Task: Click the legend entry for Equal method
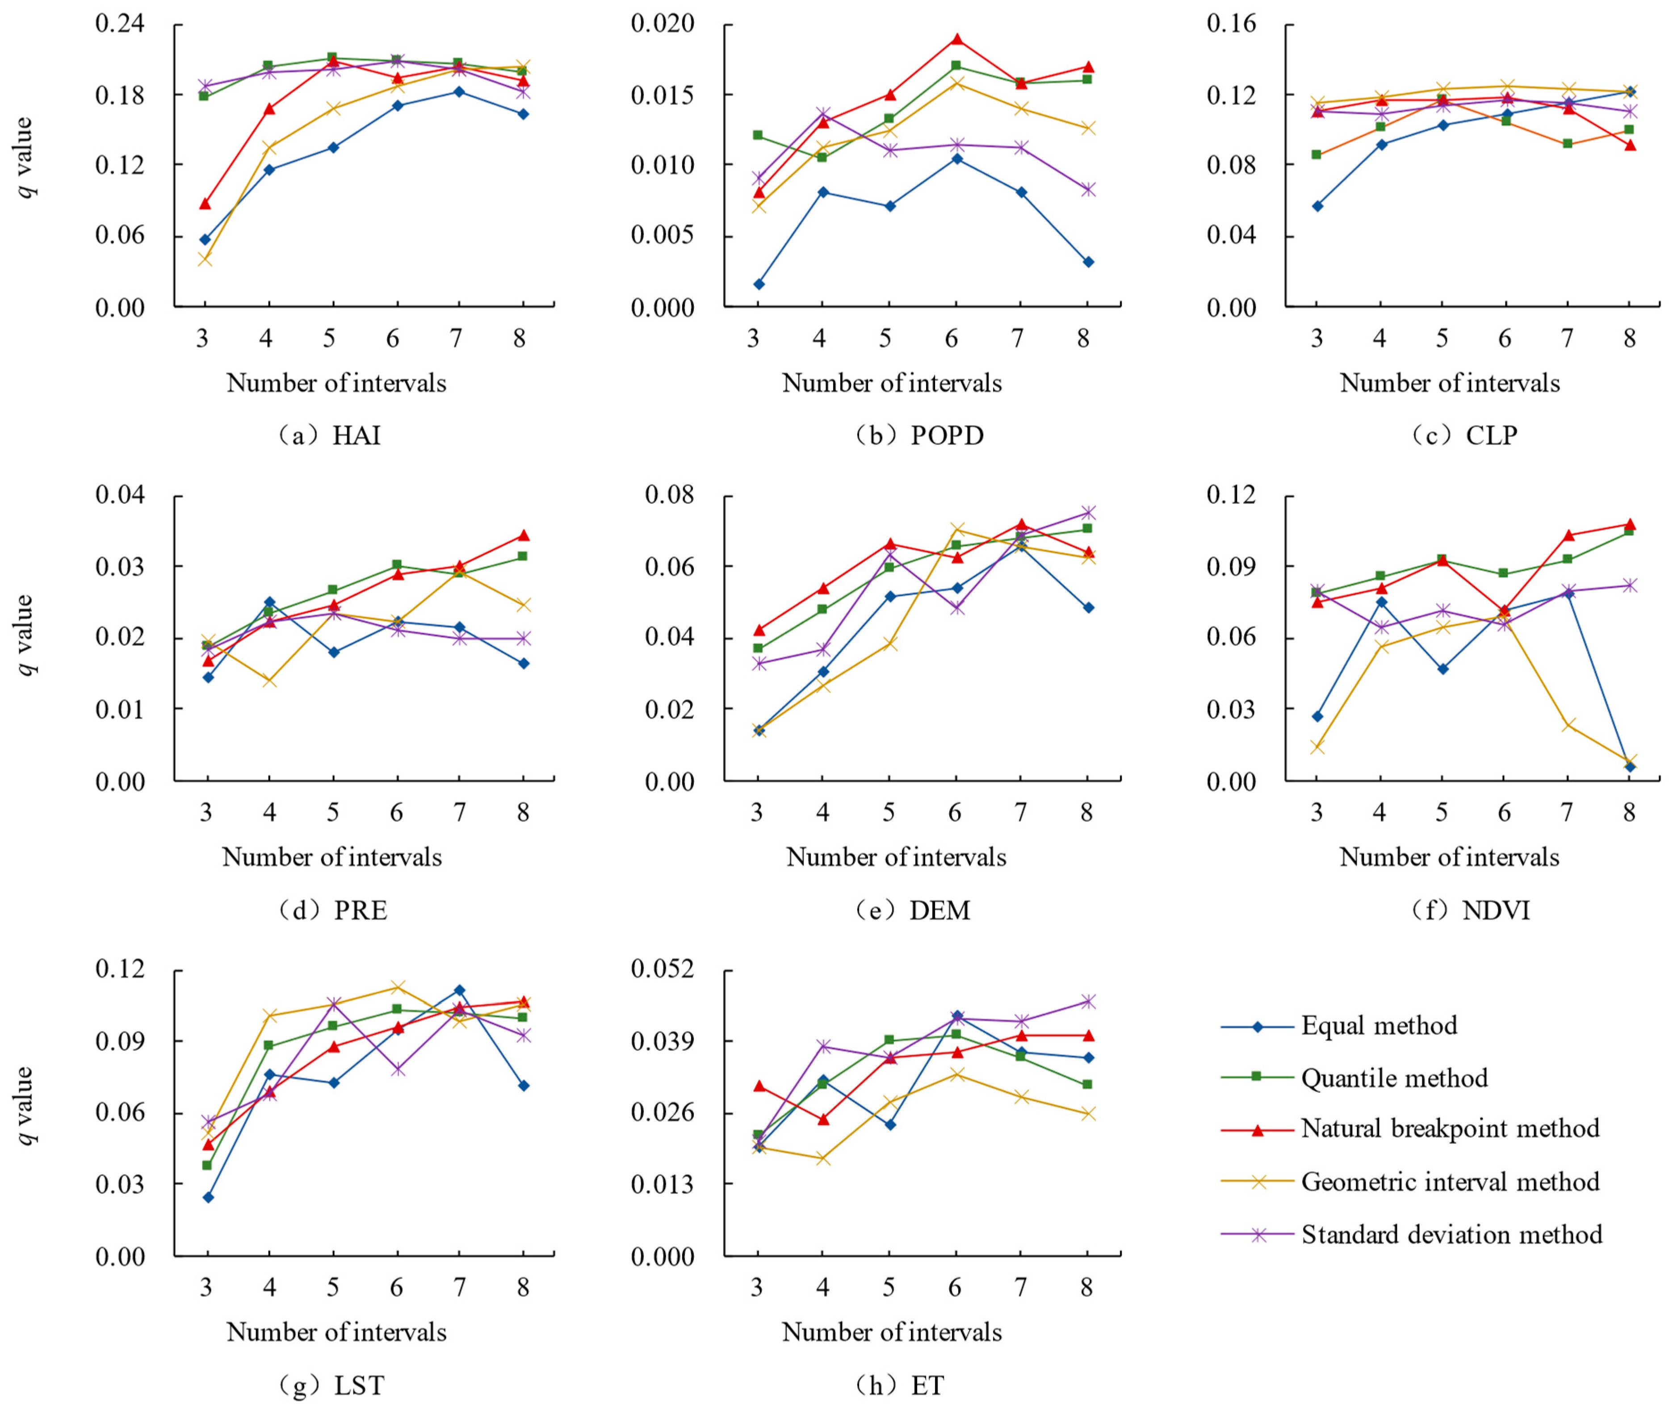[1378, 1025]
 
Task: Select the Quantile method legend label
[1394, 1079]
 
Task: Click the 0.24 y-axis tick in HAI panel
[120, 24]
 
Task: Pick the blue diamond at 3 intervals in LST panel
[208, 1197]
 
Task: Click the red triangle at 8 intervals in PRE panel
[523, 535]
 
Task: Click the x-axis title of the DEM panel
[896, 857]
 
